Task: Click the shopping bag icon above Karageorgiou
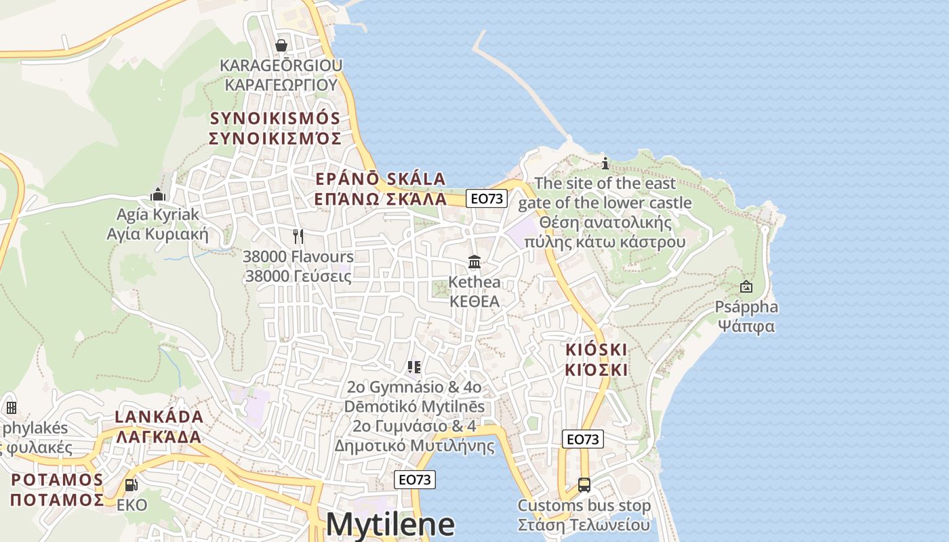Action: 281,45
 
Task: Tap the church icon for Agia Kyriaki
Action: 158,195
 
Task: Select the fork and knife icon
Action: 298,236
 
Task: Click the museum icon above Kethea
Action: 474,262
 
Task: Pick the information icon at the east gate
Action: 605,163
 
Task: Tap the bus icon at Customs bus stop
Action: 584,484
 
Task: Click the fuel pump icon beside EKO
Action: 131,485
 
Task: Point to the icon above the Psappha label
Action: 746,287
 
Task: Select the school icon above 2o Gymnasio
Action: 414,367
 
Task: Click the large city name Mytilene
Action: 390,524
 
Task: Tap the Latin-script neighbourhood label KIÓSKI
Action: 597,350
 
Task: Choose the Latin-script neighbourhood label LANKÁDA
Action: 159,416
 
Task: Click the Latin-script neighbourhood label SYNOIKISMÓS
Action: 275,118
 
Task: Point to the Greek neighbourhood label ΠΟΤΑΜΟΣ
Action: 57,500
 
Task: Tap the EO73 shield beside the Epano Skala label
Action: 487,199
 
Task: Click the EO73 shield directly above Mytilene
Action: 415,480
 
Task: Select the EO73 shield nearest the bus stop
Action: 582,439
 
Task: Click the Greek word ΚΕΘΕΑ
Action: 474,301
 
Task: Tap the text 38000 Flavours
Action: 298,257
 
